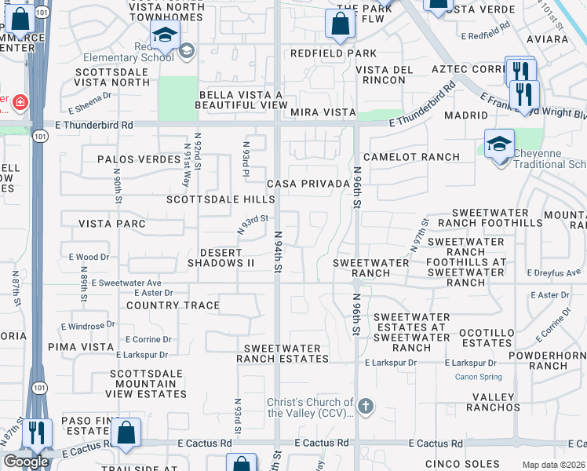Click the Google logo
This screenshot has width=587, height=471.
click(x=26, y=462)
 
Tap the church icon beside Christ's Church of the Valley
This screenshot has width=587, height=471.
click(x=364, y=407)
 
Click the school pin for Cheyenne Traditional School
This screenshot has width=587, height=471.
click(x=498, y=144)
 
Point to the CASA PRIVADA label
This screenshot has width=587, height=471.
click(x=308, y=184)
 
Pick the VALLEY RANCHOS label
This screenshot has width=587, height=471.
click(x=493, y=401)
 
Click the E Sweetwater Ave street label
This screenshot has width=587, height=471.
click(x=126, y=283)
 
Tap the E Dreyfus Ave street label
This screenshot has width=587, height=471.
click(x=555, y=272)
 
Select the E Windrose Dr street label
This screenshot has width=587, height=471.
click(x=88, y=324)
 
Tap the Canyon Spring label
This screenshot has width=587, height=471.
click(x=479, y=377)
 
